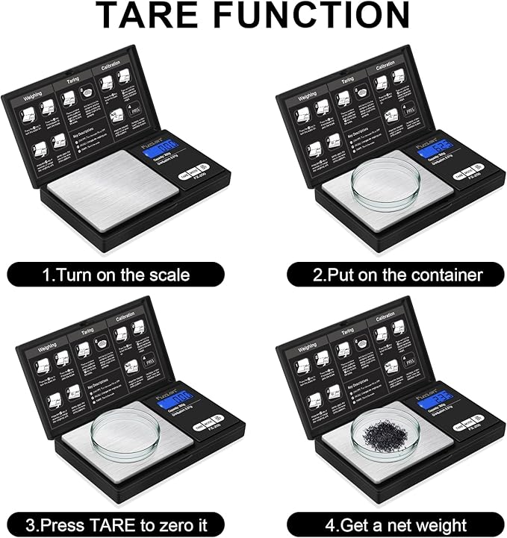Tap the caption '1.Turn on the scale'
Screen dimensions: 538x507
(x=116, y=275)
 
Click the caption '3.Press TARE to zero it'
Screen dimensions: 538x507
(x=116, y=523)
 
